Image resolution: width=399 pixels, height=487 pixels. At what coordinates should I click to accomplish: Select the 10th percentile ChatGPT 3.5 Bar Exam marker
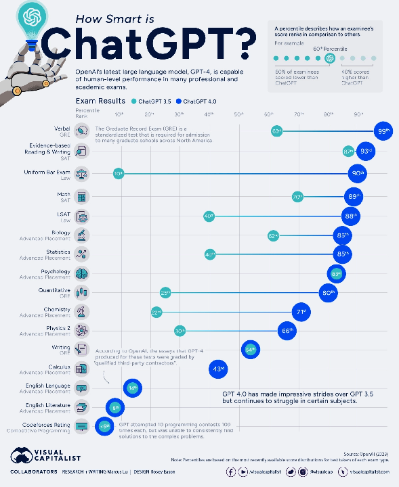(119, 174)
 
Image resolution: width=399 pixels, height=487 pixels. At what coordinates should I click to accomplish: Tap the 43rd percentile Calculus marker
(219, 369)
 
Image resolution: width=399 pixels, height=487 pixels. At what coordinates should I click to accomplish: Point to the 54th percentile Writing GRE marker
(250, 350)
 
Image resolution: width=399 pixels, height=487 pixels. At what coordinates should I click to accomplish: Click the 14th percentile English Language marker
(132, 388)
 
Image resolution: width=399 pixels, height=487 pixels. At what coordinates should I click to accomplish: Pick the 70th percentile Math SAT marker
(297, 197)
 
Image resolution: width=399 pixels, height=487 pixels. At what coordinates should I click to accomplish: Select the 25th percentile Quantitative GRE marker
(165, 293)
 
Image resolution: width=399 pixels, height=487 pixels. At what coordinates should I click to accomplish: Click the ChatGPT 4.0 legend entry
(200, 101)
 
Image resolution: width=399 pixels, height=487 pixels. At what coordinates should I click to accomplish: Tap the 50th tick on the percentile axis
(238, 114)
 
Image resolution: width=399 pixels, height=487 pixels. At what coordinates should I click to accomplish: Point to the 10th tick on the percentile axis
(119, 114)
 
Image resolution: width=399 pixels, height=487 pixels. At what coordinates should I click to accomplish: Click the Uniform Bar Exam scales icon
(82, 173)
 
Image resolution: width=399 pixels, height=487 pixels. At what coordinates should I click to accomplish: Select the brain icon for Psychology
(82, 273)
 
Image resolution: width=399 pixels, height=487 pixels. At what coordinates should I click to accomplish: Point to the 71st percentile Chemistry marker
(300, 312)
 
